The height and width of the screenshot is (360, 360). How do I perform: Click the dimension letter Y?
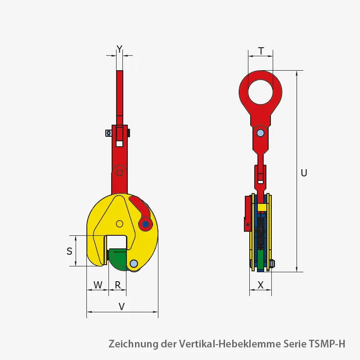[x=119, y=49]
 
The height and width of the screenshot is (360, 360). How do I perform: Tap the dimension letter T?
[x=261, y=51]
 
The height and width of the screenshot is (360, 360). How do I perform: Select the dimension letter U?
[x=304, y=173]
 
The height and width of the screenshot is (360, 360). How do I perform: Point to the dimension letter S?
[x=69, y=252]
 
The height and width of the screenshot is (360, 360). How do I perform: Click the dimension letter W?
[x=98, y=285]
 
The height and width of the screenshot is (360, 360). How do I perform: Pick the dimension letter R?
[x=118, y=285]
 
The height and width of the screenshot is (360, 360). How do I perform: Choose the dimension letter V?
[x=121, y=306]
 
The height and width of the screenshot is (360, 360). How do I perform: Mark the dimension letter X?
[x=261, y=285]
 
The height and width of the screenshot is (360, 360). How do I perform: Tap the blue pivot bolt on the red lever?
[x=145, y=224]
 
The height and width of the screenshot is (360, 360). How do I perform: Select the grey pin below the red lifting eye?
[x=260, y=133]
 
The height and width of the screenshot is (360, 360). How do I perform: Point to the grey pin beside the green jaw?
[x=134, y=264]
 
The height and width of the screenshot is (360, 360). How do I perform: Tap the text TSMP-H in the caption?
[x=327, y=344]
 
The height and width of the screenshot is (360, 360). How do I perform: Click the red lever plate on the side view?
[x=247, y=213]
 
